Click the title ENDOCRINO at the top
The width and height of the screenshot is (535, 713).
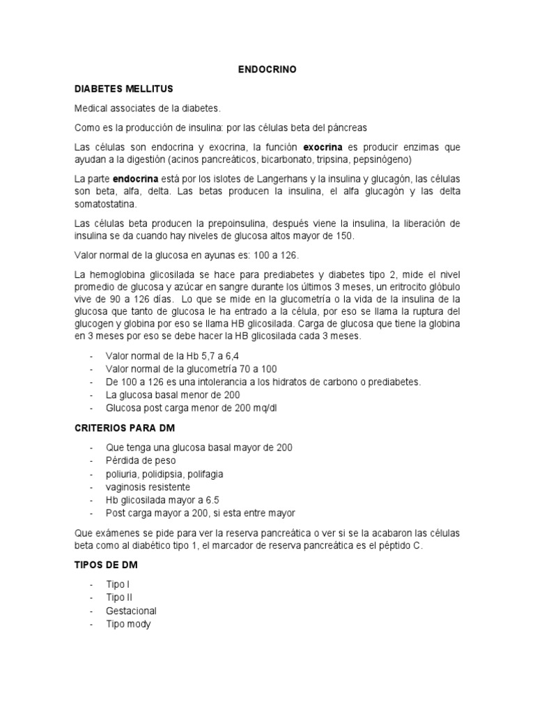267,70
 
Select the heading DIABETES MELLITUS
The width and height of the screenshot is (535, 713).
123,89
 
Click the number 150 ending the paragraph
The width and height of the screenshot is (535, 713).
345,236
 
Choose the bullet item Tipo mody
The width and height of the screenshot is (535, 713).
127,624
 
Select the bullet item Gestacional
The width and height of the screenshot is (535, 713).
131,611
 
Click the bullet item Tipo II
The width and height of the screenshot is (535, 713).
118,597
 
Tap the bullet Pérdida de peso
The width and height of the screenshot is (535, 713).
141,460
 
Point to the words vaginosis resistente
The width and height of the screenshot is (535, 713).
148,487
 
